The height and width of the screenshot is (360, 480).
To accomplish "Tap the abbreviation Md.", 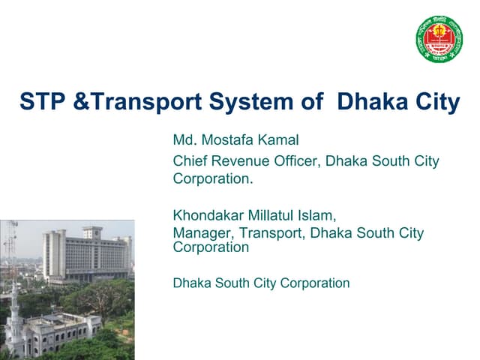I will pyautogui.click(x=184, y=140).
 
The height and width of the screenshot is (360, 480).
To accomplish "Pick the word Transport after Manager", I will pyautogui.click(x=268, y=233).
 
